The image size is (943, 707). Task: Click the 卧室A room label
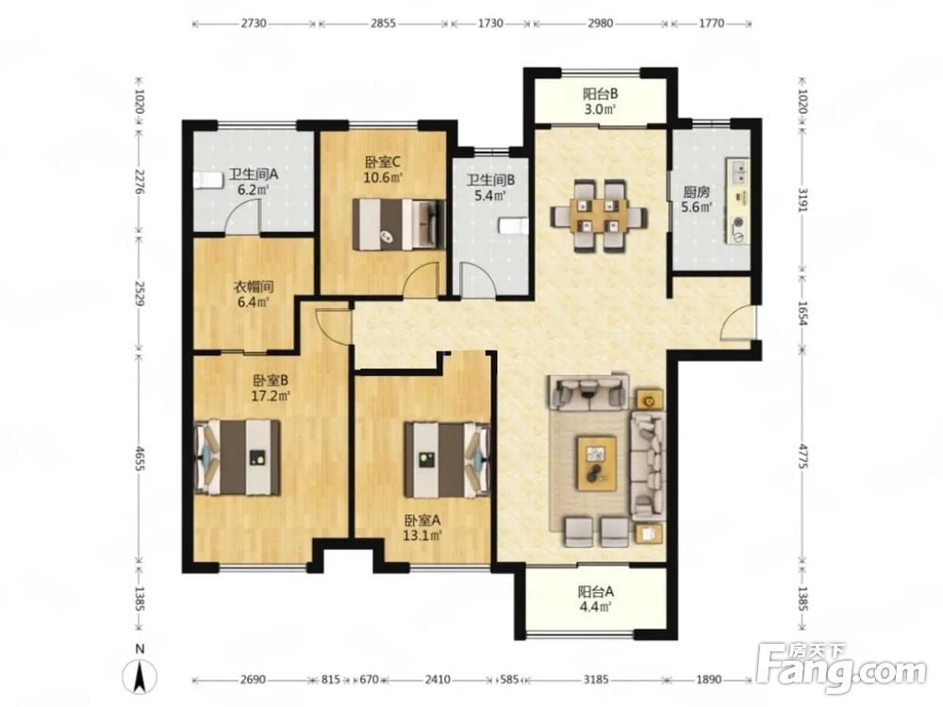point(422,520)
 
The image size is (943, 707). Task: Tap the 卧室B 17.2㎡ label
point(271,388)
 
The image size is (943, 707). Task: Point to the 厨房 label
point(696,192)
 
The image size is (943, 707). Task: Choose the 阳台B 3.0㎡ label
point(600,102)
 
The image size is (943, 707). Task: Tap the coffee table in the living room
point(597,462)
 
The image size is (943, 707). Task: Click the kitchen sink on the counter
point(739,171)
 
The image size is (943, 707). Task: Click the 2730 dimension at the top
point(254,24)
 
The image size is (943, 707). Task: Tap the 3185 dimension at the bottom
point(596,680)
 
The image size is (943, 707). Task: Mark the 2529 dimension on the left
point(140,293)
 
